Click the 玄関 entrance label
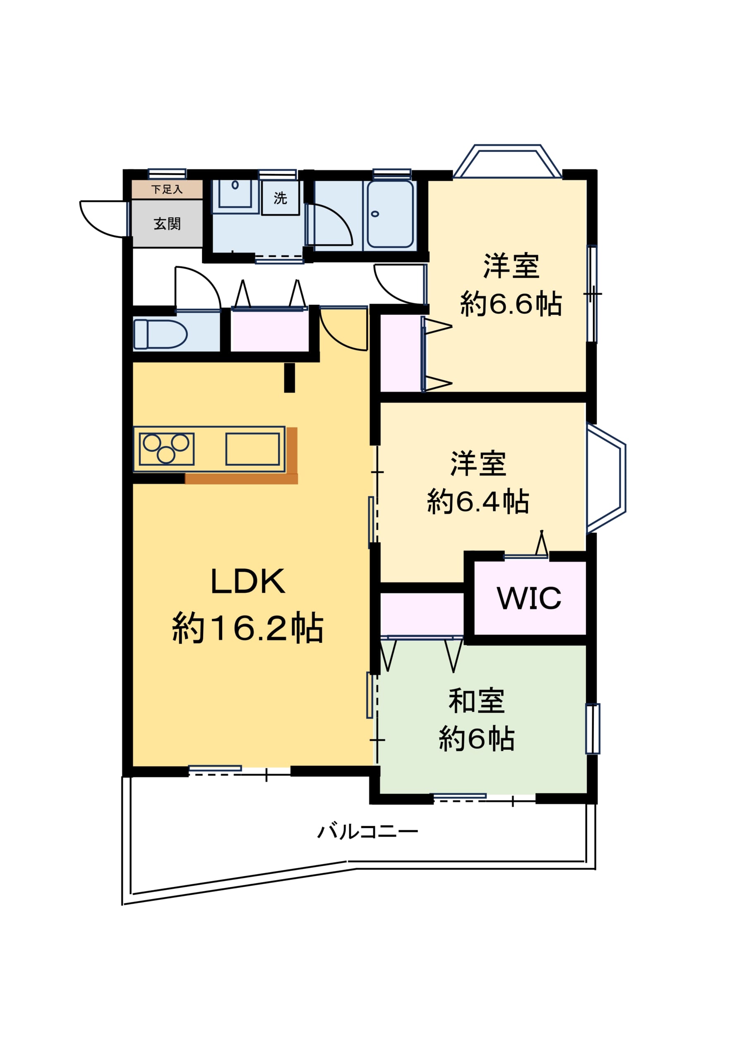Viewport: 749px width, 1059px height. (x=167, y=224)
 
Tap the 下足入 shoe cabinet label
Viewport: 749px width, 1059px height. (x=167, y=189)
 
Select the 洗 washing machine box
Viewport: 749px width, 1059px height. (x=280, y=198)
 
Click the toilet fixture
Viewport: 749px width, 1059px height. (x=160, y=334)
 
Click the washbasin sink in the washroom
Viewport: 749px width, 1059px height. (x=235, y=194)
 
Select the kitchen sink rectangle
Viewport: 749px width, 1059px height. (x=252, y=449)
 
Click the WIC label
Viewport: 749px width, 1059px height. (x=529, y=598)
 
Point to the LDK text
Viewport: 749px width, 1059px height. (x=248, y=581)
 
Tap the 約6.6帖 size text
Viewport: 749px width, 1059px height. (x=511, y=304)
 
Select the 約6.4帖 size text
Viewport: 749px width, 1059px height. (x=478, y=501)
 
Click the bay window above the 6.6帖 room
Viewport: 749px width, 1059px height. (x=508, y=161)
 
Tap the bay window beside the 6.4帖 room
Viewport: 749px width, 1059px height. (x=606, y=477)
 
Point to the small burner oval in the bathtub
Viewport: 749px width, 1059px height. (x=375, y=213)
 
